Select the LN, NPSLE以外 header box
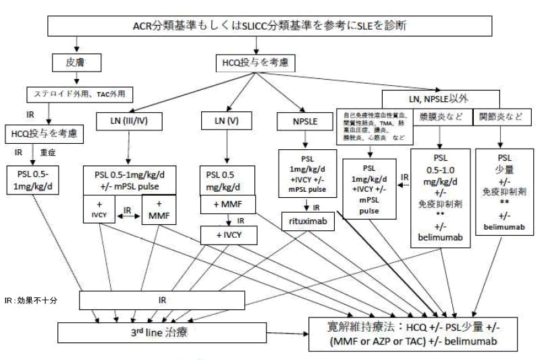click(x=449, y=98)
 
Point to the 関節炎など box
click(x=501, y=116)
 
